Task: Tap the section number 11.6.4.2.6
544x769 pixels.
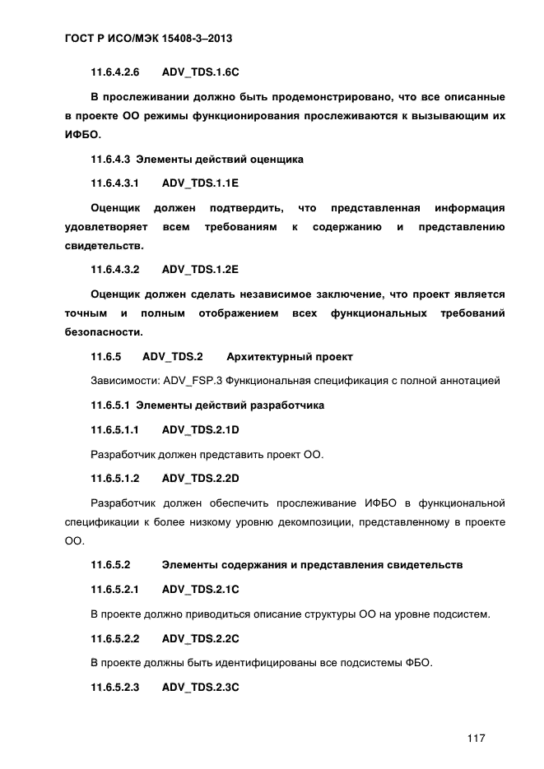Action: (x=116, y=72)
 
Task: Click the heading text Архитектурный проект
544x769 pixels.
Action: (x=290, y=356)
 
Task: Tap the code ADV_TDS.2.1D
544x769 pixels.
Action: (x=201, y=430)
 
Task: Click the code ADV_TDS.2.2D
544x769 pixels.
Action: (x=201, y=478)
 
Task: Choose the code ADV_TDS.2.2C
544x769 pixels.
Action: (x=201, y=637)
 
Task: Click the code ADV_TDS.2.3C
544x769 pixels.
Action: (x=201, y=686)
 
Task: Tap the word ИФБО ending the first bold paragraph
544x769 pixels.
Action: (x=80, y=136)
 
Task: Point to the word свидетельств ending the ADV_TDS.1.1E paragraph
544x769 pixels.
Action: (x=103, y=246)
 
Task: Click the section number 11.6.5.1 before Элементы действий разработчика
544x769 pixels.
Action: (x=110, y=405)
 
